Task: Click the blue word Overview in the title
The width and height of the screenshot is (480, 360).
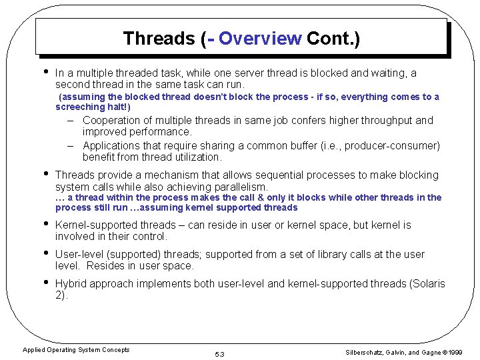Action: [x=260, y=39]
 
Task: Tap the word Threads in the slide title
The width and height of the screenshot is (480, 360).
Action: [x=159, y=39]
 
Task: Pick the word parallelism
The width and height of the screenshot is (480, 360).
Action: [x=237, y=187]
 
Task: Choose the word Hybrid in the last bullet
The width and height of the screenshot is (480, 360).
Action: [x=71, y=283]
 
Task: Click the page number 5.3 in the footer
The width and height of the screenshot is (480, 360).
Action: [x=220, y=354]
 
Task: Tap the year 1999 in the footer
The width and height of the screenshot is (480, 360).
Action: [x=457, y=351]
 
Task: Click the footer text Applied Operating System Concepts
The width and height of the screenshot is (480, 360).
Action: [x=76, y=349]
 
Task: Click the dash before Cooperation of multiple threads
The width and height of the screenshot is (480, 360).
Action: [x=70, y=121]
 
